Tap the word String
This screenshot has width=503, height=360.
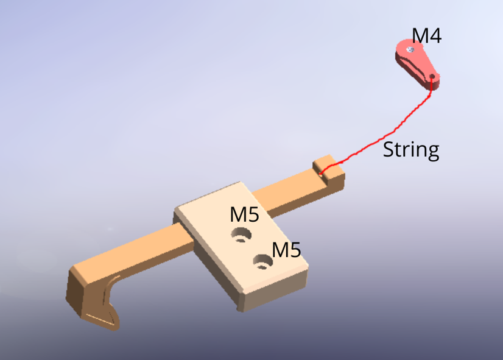coord(410,150)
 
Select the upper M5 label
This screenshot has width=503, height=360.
coord(244,214)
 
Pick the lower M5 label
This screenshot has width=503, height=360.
coord(286,249)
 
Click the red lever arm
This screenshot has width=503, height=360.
coord(417,61)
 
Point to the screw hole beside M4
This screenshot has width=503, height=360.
coord(412,49)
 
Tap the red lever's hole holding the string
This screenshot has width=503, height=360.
coord(432,77)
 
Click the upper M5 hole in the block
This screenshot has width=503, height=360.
coord(241,234)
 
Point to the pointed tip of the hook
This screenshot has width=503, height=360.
coord(115,326)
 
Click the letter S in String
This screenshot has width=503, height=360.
coord(389,150)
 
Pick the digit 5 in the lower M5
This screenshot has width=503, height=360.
coord(295,249)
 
